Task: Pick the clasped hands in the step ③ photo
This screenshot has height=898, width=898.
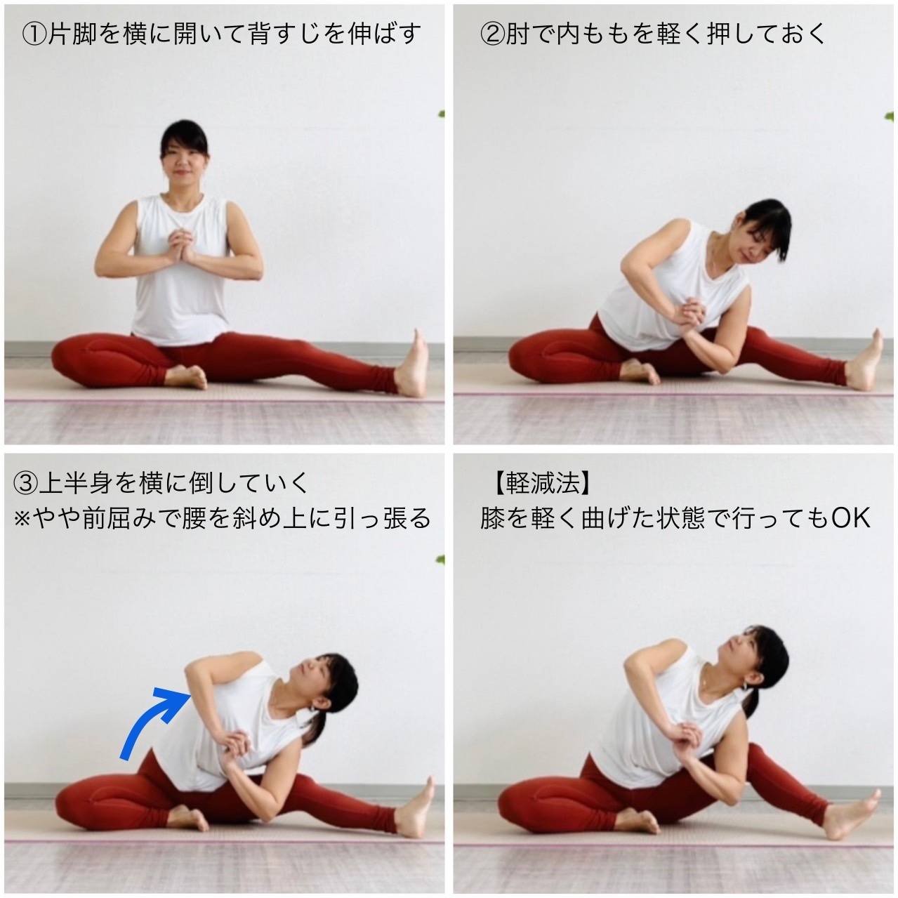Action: (x=235, y=749)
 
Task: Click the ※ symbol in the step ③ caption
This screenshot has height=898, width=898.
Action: (x=22, y=519)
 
